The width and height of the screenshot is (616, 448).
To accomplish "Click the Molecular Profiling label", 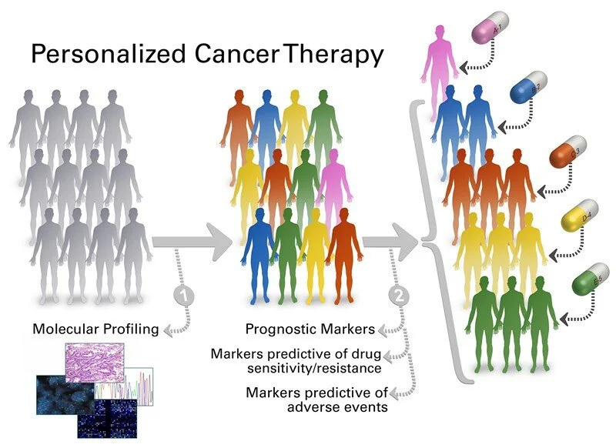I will [95, 329].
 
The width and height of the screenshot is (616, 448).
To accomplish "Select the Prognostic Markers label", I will [310, 329].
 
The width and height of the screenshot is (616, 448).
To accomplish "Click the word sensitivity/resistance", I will [290, 367].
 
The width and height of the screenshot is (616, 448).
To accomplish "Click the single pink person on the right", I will [440, 62].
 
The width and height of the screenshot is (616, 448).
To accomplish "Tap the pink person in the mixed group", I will [332, 185].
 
